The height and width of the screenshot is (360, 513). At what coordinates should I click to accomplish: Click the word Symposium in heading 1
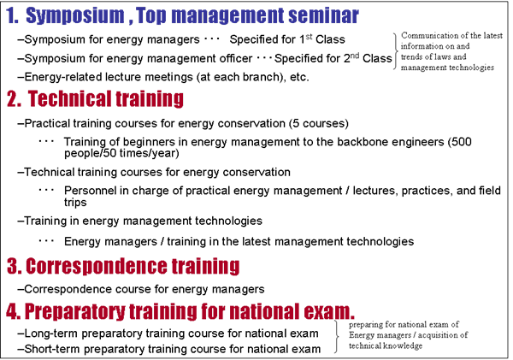coord(75,15)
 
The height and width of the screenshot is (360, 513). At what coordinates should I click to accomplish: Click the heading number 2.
coord(14,99)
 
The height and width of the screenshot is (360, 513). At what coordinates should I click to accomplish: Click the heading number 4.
coord(13,311)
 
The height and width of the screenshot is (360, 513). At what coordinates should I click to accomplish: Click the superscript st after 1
coord(309,36)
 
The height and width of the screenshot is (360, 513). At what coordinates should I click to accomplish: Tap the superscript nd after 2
coord(355,56)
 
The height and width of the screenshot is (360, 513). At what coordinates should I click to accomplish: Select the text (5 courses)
coord(319,123)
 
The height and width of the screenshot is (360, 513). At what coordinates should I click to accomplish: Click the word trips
coord(75,203)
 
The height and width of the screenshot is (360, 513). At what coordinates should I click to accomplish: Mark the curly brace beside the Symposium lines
coord(396,51)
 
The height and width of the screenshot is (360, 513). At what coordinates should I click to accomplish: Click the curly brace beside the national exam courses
coord(336,336)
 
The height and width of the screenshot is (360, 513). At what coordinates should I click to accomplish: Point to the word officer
coord(236,59)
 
